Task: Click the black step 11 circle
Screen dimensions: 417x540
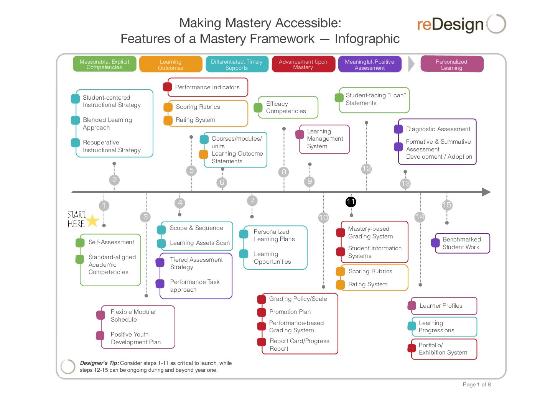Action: click(x=351, y=202)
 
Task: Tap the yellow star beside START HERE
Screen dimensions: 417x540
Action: click(x=92, y=220)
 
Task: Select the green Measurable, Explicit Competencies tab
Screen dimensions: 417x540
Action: click(x=104, y=64)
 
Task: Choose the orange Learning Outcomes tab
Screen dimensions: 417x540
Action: click(x=171, y=64)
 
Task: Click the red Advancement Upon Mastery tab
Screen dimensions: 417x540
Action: click(x=303, y=64)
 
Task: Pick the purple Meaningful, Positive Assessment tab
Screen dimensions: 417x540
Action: click(x=369, y=64)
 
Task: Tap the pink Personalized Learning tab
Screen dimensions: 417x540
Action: click(x=451, y=64)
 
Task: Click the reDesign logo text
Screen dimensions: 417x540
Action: click(x=450, y=25)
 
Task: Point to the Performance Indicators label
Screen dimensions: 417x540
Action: click(x=207, y=87)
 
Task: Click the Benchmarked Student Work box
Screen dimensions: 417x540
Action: click(x=462, y=243)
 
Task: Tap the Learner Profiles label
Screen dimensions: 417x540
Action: click(x=441, y=306)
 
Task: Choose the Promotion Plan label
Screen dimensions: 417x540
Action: click(x=290, y=312)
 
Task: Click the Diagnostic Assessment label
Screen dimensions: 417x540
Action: click(x=438, y=129)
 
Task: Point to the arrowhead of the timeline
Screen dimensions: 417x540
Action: click(x=486, y=192)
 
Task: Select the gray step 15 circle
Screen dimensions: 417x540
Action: click(x=447, y=205)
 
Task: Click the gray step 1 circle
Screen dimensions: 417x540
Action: click(x=104, y=205)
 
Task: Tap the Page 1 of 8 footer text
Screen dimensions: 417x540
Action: click(x=477, y=384)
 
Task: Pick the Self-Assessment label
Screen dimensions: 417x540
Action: click(x=111, y=242)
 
